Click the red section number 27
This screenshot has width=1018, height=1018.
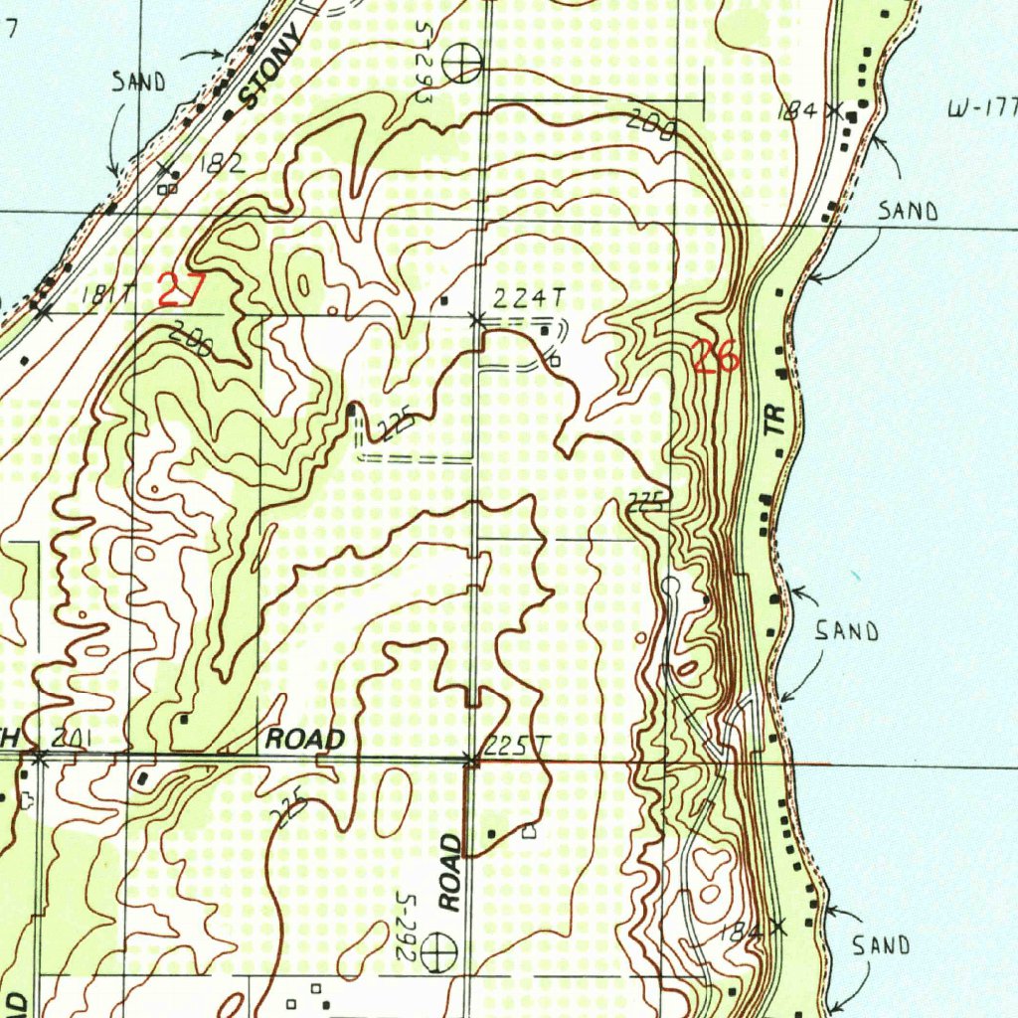pos(181,290)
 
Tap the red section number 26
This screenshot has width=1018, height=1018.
pos(717,356)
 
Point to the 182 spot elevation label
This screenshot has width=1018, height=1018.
pos(222,166)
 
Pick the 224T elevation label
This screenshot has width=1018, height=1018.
pos(518,297)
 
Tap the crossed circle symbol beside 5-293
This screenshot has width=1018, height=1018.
pos(462,65)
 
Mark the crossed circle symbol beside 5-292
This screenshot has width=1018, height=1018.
pos(436,955)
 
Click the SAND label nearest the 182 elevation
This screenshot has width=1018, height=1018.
pos(138,83)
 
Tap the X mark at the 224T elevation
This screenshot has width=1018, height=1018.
pos(476,319)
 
